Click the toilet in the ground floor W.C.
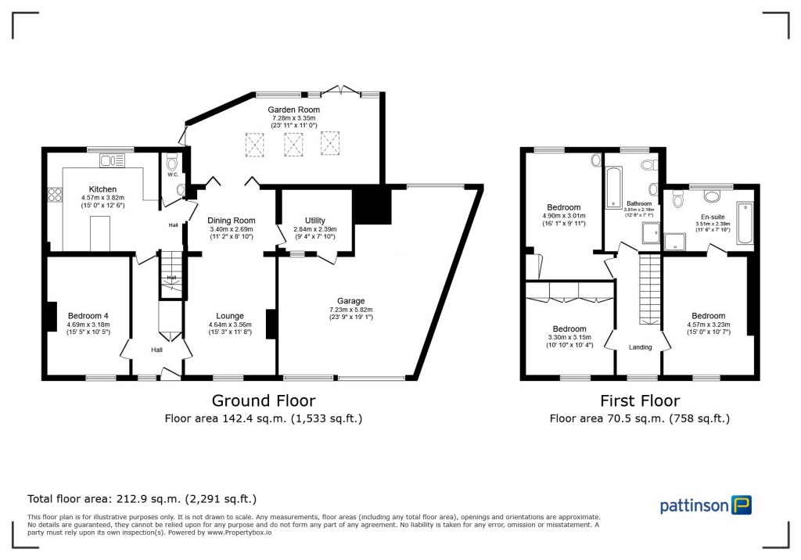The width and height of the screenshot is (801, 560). click(173, 161)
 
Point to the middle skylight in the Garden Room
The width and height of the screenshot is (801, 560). click(293, 143)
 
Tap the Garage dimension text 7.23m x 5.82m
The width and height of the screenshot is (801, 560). click(351, 310)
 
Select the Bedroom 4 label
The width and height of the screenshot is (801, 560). click(88, 315)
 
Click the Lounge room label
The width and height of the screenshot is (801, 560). click(230, 316)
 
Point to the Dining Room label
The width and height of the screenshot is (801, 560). click(232, 221)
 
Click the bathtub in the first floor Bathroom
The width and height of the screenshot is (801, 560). click(612, 181)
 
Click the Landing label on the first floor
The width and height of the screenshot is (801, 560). click(641, 346)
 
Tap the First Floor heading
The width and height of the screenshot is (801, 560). click(639, 401)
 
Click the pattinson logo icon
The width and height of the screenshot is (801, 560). click(741, 505)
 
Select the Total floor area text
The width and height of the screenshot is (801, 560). click(142, 498)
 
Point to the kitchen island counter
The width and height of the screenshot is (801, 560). click(100, 234)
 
